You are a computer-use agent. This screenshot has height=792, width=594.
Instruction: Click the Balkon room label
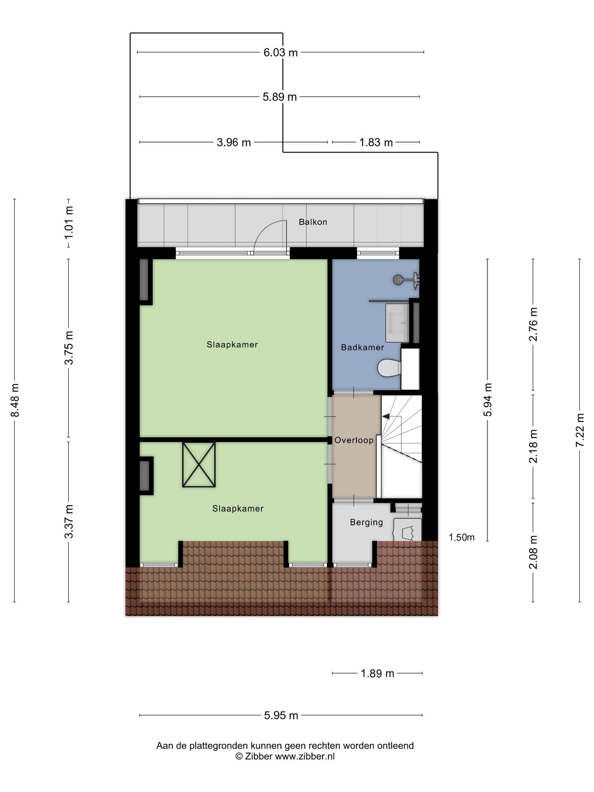pos(313,222)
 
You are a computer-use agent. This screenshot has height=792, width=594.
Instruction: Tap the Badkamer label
pos(362,347)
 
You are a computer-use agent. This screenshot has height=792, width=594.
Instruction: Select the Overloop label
pos(354,440)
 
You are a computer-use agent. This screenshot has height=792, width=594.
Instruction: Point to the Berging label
pos(366,522)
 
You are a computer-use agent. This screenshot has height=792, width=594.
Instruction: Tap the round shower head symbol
pos(398,280)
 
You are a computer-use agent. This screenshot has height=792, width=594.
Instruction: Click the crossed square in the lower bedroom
pos(199,464)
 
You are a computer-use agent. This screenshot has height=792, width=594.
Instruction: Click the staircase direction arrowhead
pos(386,417)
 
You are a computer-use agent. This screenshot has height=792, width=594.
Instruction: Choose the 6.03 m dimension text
pos(280,52)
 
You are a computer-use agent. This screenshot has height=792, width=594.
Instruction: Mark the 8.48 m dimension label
pos(15,400)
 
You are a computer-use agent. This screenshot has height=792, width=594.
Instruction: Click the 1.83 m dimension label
pos(376,142)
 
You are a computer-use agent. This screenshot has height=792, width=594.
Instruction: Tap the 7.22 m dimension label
pos(580,429)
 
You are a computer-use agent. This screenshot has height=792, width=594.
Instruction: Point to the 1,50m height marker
pos(462,537)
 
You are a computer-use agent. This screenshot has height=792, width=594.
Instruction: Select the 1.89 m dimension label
pos(377,674)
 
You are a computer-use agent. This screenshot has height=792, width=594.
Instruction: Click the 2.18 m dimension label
pos(533,446)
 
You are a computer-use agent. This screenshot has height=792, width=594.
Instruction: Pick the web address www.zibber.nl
pos(305,756)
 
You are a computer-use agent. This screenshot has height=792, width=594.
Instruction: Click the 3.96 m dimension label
pos(233,142)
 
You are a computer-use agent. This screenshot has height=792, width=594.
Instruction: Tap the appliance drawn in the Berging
pos(408,530)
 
